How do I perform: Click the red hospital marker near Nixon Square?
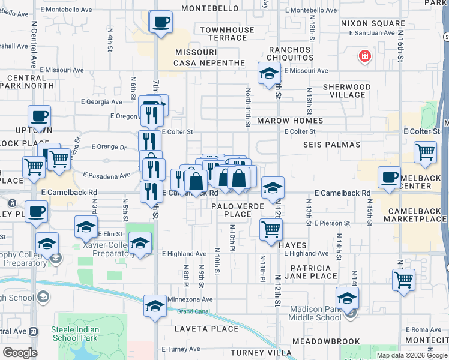[x=364, y=58]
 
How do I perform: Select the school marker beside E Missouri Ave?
[x=269, y=74]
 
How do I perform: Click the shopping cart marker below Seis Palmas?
[x=425, y=153]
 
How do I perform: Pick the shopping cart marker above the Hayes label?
[x=271, y=229]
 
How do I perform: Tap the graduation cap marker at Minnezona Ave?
[x=155, y=306]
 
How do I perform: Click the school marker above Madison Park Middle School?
[x=347, y=298]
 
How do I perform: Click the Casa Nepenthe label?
[x=209, y=63]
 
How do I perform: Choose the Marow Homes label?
[x=290, y=121]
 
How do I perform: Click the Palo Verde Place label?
[x=232, y=210]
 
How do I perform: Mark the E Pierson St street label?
[x=331, y=223]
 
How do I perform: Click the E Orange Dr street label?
[x=109, y=146]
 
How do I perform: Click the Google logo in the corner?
[x=20, y=353]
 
